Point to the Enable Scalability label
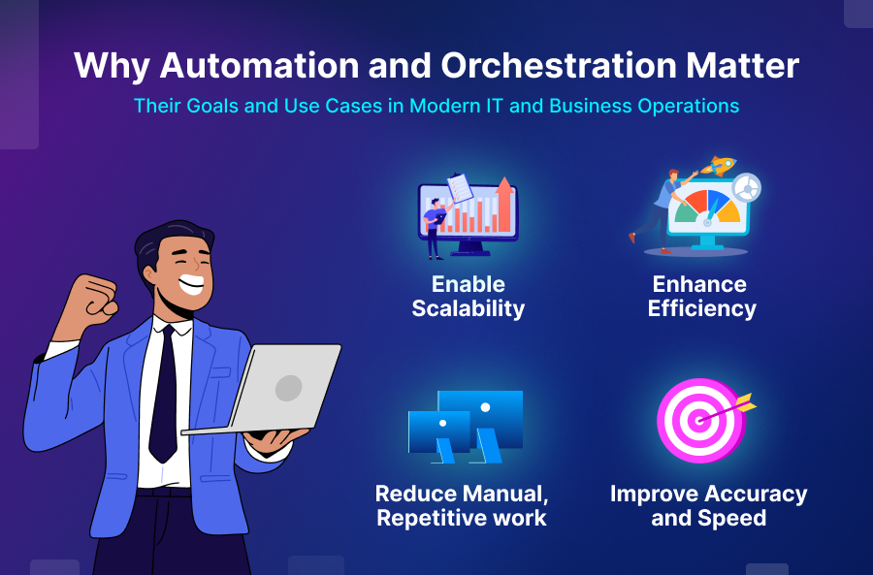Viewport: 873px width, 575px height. click(469, 297)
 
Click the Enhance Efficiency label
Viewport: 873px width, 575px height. click(700, 297)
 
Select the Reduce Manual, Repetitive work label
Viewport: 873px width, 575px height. click(462, 505)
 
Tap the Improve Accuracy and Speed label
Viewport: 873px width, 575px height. click(708, 505)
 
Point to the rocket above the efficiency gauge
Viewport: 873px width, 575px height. click(719, 166)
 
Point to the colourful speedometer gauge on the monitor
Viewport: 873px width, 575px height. click(706, 208)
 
